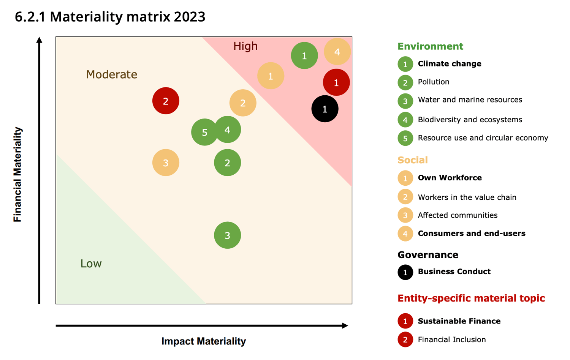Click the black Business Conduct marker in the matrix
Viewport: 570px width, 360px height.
click(x=325, y=109)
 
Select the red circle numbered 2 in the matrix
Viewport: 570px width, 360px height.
click(x=166, y=101)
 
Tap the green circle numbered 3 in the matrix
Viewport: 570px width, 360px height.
click(x=227, y=235)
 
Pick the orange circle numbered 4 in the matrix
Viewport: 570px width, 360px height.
click(x=337, y=52)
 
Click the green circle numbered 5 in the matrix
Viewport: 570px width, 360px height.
click(x=204, y=132)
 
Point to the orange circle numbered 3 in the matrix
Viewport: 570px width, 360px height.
click(x=166, y=163)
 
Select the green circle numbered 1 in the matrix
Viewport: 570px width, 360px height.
click(x=304, y=56)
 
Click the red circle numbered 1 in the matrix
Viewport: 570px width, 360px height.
click(x=336, y=82)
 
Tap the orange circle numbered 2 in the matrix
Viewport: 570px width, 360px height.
click(x=242, y=103)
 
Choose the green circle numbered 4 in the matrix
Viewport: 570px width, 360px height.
click(x=228, y=130)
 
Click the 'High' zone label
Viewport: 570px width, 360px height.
click(x=245, y=46)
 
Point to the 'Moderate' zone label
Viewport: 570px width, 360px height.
click(x=111, y=74)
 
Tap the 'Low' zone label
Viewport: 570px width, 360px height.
click(x=91, y=264)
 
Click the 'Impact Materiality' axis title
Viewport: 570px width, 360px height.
click(x=203, y=341)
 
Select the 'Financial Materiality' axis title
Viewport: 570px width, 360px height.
click(x=17, y=174)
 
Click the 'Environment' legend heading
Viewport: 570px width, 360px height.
click(x=430, y=46)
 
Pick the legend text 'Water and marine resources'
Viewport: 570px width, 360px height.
click(x=470, y=100)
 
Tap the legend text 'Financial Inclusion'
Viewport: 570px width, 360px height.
click(x=451, y=339)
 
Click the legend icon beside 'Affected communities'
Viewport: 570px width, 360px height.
click(x=405, y=215)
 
